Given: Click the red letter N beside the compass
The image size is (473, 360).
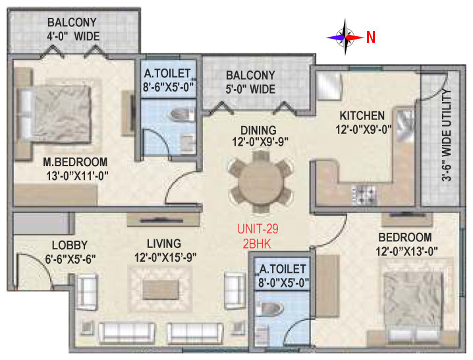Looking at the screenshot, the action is [371, 37].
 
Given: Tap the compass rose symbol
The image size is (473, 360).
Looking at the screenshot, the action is [345, 38].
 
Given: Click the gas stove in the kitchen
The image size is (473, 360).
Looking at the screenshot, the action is [364, 195].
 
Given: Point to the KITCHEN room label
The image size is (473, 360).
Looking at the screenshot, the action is [362, 115].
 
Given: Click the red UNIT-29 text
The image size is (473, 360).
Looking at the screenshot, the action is [258, 229].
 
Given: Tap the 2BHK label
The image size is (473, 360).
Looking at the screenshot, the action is [257, 244].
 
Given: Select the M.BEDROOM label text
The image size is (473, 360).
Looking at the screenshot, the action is [75, 162].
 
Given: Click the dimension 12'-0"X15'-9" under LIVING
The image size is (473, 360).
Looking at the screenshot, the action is [165, 258].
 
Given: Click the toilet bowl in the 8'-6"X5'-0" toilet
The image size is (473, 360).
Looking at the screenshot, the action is [182, 115].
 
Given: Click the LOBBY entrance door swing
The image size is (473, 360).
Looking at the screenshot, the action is [36, 270].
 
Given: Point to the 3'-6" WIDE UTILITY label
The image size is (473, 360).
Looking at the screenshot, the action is [447, 135].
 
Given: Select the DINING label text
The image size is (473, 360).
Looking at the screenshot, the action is [258, 130].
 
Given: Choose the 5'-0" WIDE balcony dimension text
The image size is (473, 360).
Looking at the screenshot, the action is [250, 89].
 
